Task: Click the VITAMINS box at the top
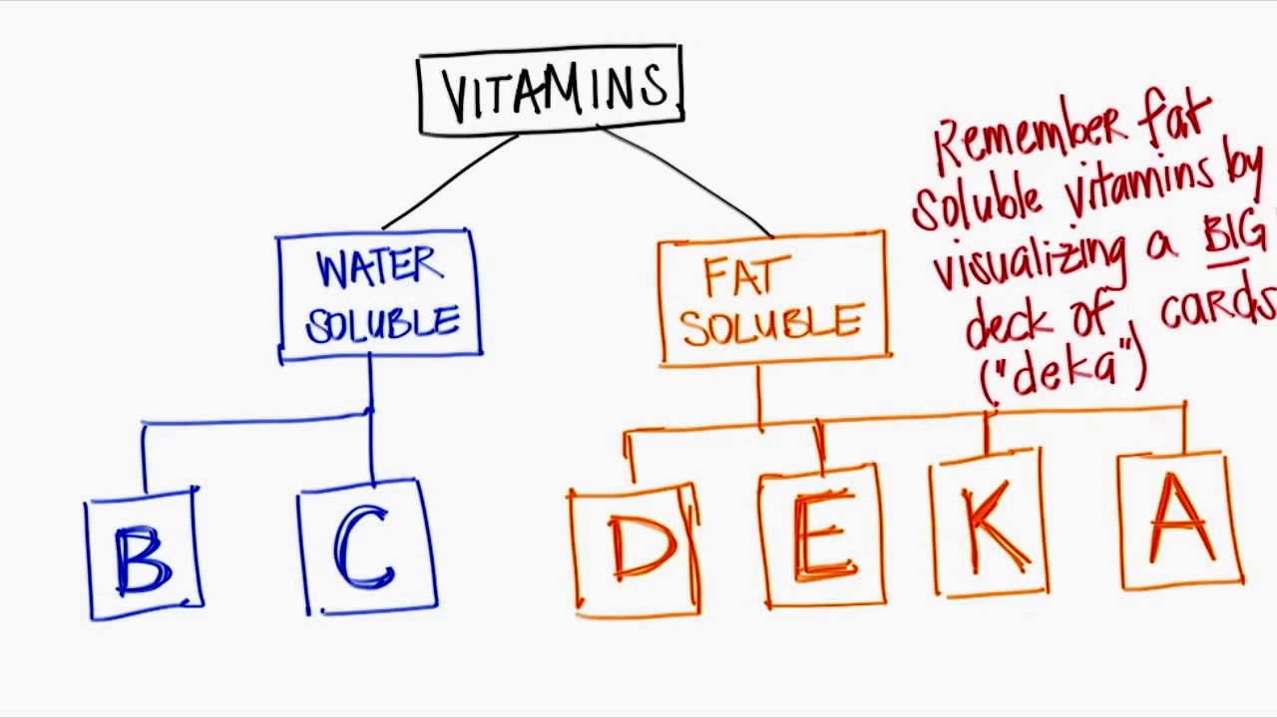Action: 551,90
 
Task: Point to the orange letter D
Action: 643,548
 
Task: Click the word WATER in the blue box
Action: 377,268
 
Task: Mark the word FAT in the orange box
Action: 746,277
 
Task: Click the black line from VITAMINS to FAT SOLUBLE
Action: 688,182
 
